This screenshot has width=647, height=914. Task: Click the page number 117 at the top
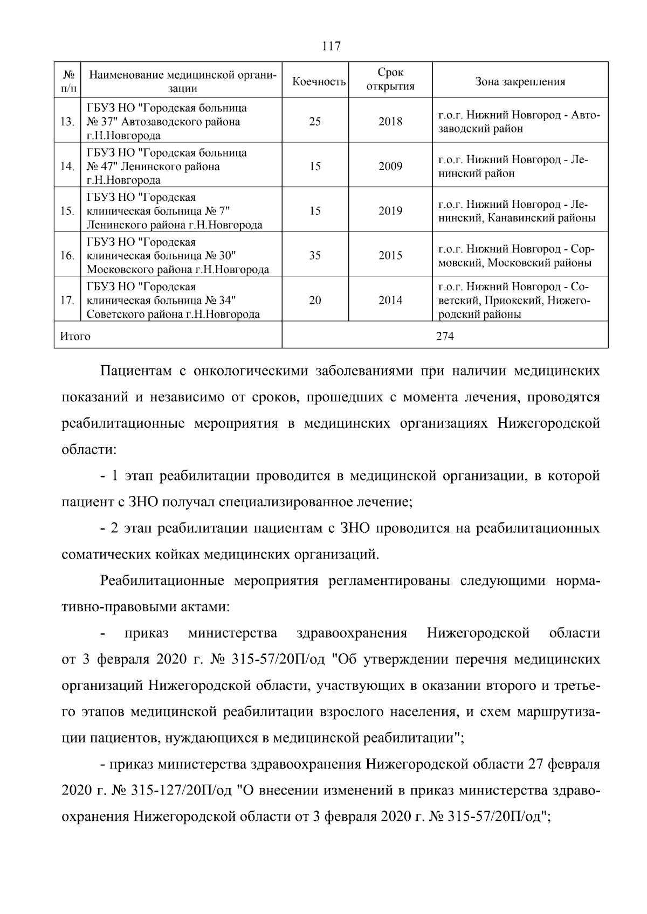(331, 46)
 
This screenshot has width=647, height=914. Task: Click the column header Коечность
(319, 82)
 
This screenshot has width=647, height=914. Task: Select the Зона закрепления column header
(520, 82)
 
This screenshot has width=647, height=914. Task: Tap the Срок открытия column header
(390, 80)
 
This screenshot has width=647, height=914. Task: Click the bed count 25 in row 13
(315, 122)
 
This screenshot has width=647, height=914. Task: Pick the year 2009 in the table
(390, 166)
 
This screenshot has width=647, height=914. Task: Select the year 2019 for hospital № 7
(390, 211)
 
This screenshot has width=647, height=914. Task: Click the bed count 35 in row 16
(315, 256)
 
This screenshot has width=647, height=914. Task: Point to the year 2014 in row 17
(390, 301)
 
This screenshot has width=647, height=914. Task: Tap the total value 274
(445, 337)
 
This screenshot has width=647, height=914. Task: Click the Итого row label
(75, 337)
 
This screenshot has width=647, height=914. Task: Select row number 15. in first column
(67, 211)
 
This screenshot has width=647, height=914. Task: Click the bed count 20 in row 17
(315, 301)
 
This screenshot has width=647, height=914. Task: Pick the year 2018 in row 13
(390, 122)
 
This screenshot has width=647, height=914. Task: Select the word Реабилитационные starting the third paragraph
(162, 582)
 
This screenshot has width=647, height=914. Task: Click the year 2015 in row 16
(390, 256)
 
